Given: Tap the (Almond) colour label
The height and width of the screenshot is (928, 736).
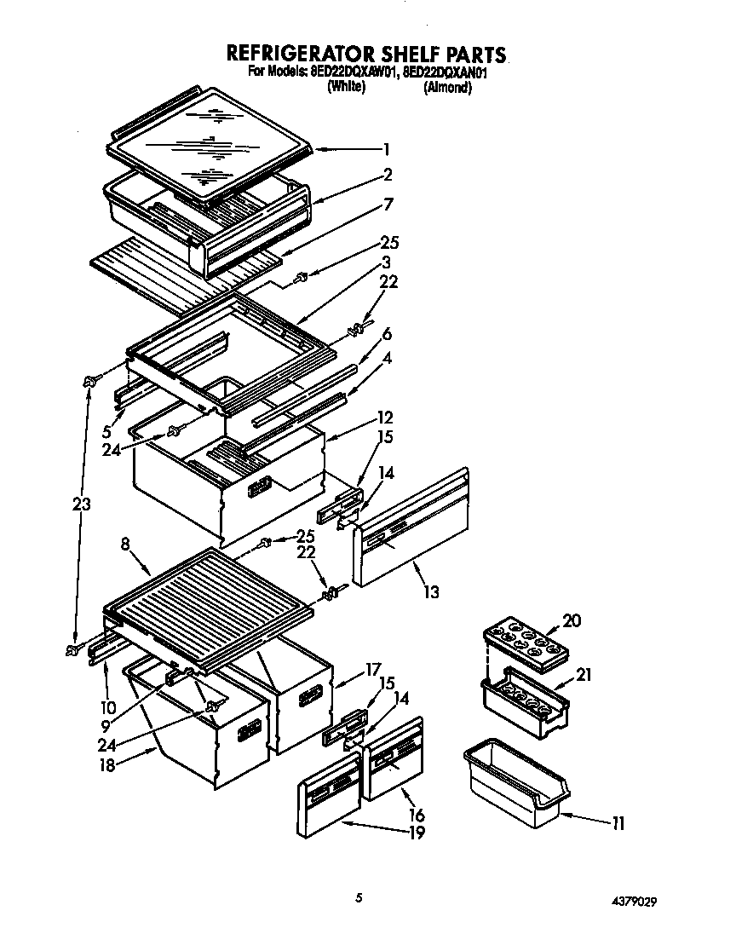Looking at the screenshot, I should point(447,88).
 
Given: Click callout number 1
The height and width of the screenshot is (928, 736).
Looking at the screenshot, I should point(386,149).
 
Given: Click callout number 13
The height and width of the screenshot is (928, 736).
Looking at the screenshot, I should point(431,591).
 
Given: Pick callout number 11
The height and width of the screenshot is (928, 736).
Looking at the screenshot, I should point(618,823).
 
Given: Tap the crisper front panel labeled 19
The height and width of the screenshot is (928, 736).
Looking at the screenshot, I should point(329,799).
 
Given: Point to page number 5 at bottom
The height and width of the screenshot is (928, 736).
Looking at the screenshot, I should point(360,897).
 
